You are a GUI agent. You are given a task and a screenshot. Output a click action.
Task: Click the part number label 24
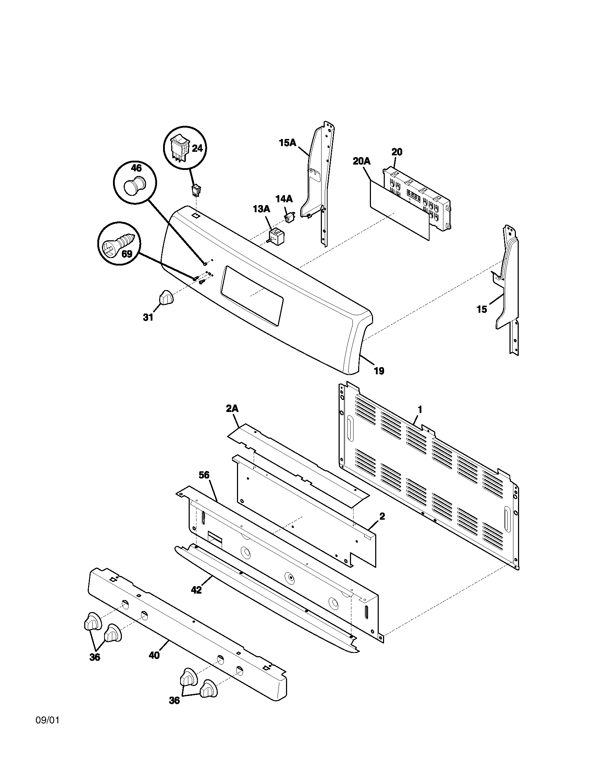coord(197,148)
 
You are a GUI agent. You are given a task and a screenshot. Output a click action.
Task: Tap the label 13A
coord(261,209)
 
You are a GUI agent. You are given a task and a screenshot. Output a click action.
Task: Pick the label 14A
coord(284,199)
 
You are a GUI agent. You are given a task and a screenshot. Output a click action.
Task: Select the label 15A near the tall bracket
coord(288,143)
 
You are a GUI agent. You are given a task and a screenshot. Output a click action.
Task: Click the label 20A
coord(362,161)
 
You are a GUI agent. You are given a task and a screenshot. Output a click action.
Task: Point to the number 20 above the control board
coord(397,152)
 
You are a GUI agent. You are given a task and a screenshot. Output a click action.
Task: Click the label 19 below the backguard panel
coord(379,371)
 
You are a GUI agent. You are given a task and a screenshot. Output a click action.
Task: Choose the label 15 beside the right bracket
coord(482,309)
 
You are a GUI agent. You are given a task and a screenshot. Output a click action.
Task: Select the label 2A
coord(232,408)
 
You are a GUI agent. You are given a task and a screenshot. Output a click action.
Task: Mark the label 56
coord(204,475)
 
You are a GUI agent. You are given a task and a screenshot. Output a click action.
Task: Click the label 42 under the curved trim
coord(196,590)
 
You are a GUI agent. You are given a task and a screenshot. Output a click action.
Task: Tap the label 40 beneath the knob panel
coord(154,655)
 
